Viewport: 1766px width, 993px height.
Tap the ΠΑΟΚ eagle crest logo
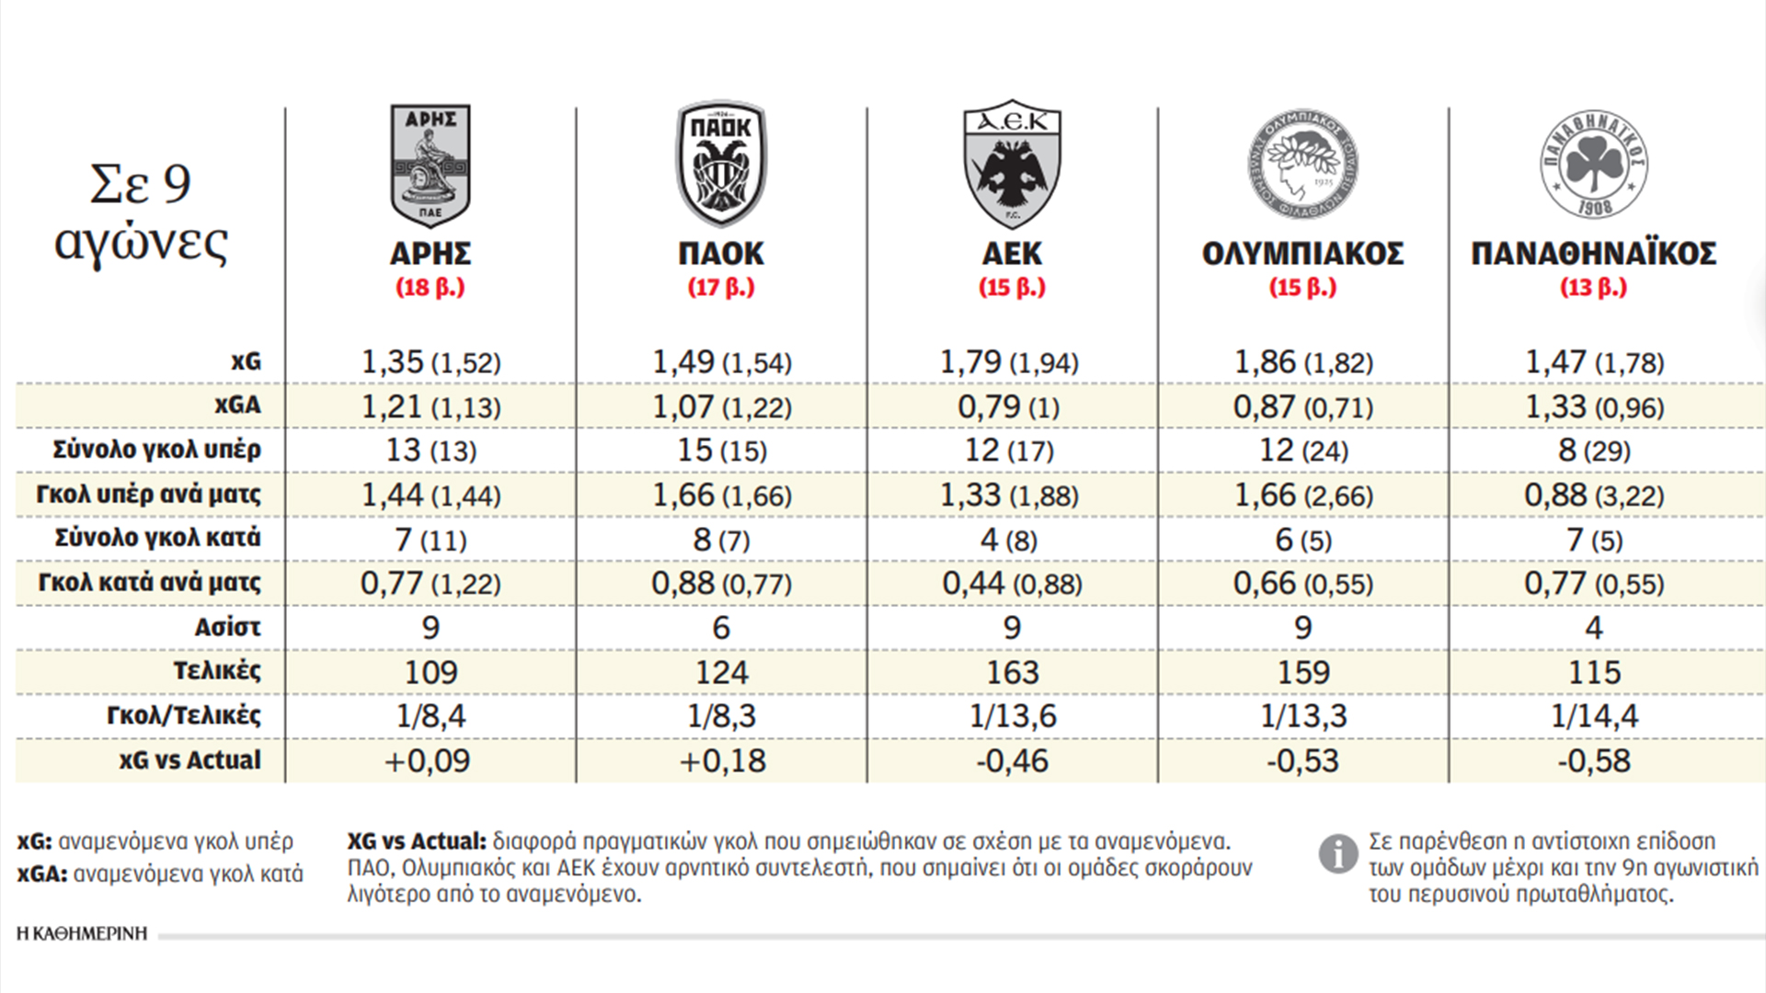721,164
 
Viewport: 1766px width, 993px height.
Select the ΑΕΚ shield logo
1012,164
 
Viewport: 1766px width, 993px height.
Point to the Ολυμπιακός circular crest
1302,165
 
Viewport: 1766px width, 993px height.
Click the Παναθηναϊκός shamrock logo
1594,165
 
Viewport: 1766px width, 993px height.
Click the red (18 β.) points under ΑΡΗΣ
430,288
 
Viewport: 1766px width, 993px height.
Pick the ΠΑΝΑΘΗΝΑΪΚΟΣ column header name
1594,253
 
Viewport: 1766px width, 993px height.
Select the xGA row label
237,405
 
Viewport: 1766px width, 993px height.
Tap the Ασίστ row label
227,627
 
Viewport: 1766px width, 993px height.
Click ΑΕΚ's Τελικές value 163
1012,672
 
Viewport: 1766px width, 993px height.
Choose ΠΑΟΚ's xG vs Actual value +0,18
722,761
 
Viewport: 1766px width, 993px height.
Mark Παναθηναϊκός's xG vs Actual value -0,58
1594,761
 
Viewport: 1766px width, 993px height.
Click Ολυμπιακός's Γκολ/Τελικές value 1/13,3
1302,716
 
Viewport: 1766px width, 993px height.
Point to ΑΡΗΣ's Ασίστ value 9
430,628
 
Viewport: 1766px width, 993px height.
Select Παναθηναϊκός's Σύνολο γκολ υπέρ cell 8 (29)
1594,451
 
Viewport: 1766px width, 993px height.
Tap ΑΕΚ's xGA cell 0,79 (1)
1008,406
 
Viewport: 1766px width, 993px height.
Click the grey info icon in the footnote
1337,854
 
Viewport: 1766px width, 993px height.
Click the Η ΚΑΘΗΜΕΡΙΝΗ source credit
82,934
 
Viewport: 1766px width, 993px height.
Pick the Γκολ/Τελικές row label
183,715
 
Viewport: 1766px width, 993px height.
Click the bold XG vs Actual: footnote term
416,841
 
